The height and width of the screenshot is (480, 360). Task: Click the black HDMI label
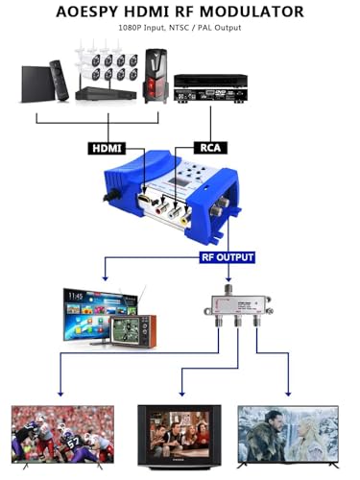pyautogui.click(x=106, y=149)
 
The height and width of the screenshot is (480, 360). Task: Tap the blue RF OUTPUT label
pyautogui.click(x=227, y=257)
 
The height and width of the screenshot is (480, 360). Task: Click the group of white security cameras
pyautogui.click(x=105, y=66)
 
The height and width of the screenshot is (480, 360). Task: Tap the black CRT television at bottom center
pyautogui.click(x=179, y=438)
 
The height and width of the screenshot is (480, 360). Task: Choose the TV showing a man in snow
pyautogui.click(x=287, y=438)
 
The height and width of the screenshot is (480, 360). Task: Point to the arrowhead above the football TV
pyautogui.click(x=60, y=391)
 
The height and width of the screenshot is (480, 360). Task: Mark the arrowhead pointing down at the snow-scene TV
pyautogui.click(x=287, y=391)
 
